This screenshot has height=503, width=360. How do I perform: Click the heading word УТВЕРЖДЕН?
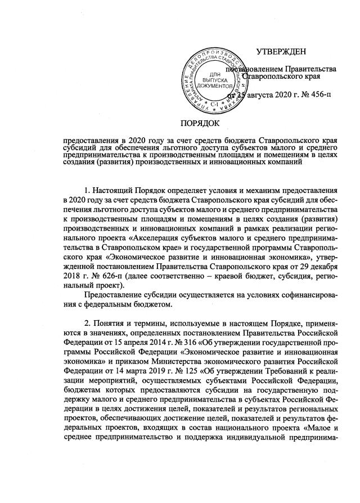coord(281,52)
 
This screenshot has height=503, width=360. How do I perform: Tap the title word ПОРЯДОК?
coord(200,123)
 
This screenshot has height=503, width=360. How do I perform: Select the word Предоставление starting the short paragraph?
coord(111,295)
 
